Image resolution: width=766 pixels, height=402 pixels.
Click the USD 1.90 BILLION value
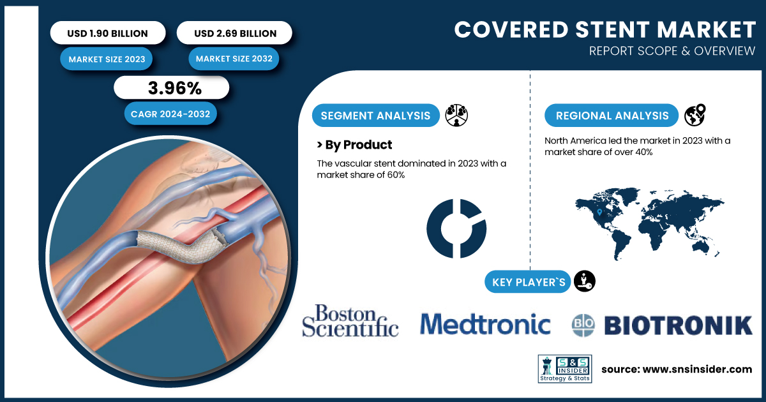coord(108,33)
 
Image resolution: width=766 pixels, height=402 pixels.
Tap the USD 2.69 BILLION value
coord(236,33)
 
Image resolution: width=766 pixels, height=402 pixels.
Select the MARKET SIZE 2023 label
coord(107,59)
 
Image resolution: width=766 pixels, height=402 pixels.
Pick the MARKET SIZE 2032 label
coord(234,59)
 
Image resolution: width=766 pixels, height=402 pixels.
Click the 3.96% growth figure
coord(175,88)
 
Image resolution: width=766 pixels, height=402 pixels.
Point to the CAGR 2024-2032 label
coord(170,114)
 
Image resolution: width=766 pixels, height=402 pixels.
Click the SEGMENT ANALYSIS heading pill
coord(375,115)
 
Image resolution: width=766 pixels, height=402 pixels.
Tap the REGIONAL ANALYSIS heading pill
coord(612,115)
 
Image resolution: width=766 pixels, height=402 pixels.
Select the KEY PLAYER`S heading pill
coord(528,282)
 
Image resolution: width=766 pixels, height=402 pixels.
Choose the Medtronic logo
coord(485,324)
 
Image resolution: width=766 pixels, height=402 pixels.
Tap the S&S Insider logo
coord(565,369)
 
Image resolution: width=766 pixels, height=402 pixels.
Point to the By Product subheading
coord(355,145)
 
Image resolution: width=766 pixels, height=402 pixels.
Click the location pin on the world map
coord(599,212)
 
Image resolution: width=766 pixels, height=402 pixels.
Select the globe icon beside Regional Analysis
coord(695,115)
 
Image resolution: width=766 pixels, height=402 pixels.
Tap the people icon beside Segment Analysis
coord(456,115)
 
